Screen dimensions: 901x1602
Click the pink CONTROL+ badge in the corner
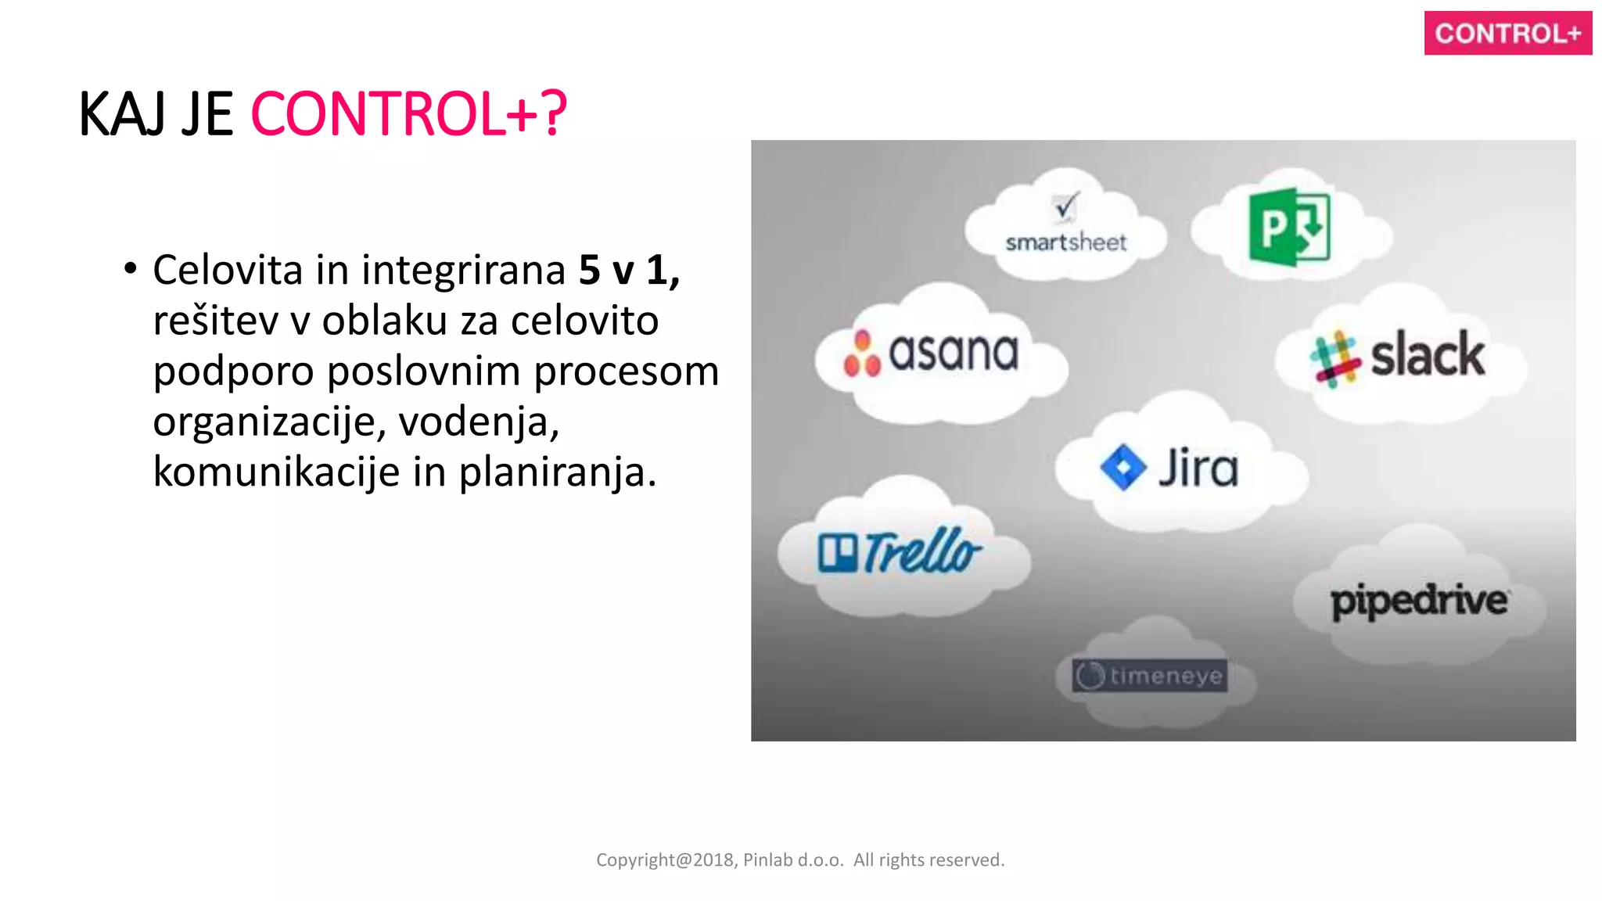coord(1507,33)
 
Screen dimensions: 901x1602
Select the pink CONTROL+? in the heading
coord(408,115)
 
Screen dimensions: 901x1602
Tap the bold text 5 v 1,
coord(628,271)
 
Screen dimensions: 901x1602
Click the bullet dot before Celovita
coord(131,268)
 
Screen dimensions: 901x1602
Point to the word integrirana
coord(463,271)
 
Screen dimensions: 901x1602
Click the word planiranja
coord(556,472)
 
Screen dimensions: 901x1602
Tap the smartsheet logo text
coord(1065,242)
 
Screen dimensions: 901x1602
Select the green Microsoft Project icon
coord(1289,227)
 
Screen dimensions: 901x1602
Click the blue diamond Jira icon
coord(1123,468)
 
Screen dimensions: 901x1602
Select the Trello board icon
coord(837,552)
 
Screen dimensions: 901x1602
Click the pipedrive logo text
coord(1419,601)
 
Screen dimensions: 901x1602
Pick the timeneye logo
coord(1149,676)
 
